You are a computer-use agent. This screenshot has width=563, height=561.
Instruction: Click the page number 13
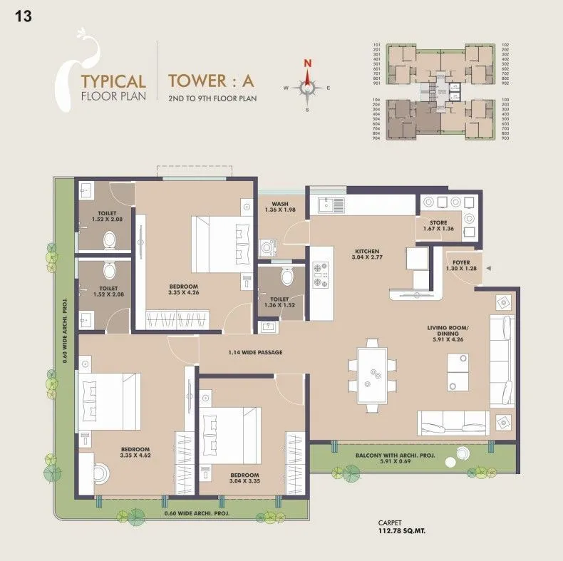point(23,16)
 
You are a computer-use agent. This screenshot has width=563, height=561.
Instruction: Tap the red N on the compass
point(307,63)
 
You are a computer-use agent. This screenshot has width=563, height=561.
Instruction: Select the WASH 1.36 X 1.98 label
point(279,206)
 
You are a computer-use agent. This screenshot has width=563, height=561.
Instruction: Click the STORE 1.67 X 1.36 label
point(438,225)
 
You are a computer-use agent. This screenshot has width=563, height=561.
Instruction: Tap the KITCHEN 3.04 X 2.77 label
point(367,254)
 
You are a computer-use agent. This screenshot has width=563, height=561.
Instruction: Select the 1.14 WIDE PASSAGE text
point(255,352)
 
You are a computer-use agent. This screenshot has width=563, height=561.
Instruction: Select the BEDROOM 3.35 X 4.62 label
point(135,452)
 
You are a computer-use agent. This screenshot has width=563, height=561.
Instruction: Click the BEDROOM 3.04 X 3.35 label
point(244,478)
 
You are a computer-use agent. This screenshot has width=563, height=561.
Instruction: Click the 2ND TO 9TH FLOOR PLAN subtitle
point(212,98)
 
